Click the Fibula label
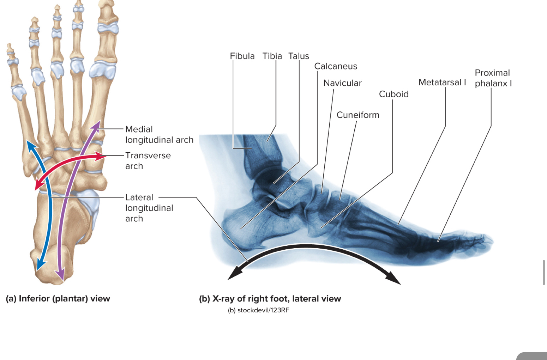[x=242, y=56]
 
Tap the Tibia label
[x=272, y=56]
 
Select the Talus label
[x=299, y=56]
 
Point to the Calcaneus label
[x=336, y=66]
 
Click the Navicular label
[x=342, y=83]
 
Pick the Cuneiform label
[x=358, y=115]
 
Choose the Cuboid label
[x=393, y=94]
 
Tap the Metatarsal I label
[x=442, y=83]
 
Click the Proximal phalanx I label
[x=493, y=78]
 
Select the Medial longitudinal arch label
[x=159, y=135]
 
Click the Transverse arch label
[x=148, y=161]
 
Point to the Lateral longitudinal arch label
[x=149, y=208]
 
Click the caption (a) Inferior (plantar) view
[x=58, y=299]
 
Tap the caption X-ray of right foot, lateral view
[x=276, y=299]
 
